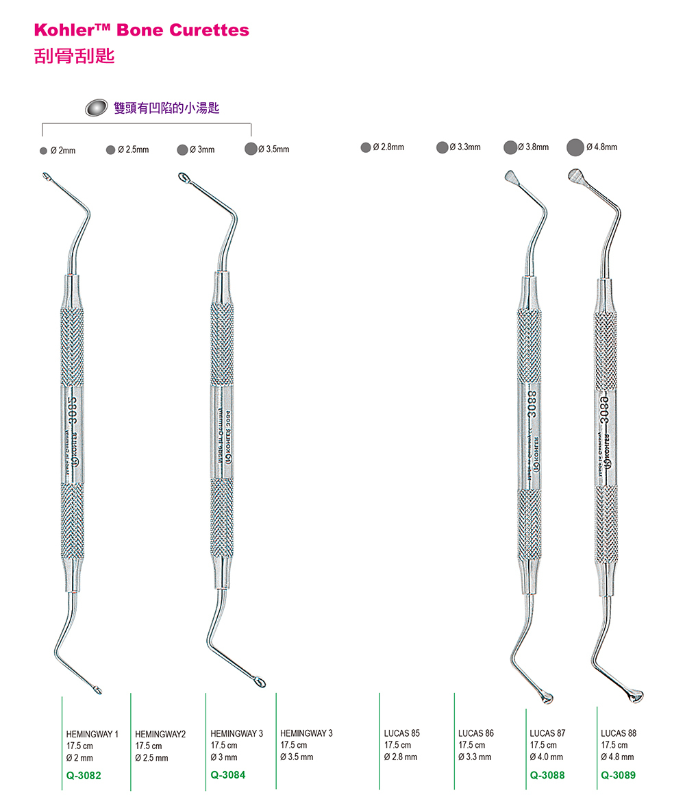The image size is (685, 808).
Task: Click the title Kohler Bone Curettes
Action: (x=142, y=30)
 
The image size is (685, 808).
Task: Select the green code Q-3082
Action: (x=84, y=775)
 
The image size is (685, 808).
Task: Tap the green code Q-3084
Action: (x=227, y=774)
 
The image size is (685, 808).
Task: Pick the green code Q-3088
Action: (x=547, y=775)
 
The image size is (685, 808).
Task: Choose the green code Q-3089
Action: (x=618, y=775)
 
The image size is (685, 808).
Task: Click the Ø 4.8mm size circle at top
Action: (x=576, y=147)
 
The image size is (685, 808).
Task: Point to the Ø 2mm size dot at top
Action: (x=43, y=150)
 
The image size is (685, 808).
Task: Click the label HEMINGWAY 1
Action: (x=92, y=734)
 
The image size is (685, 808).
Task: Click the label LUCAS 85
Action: (x=402, y=733)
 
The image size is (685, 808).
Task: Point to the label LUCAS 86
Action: (x=476, y=733)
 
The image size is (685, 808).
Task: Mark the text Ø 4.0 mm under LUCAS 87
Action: (x=546, y=757)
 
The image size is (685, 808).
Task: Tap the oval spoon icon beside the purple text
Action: (x=97, y=108)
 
